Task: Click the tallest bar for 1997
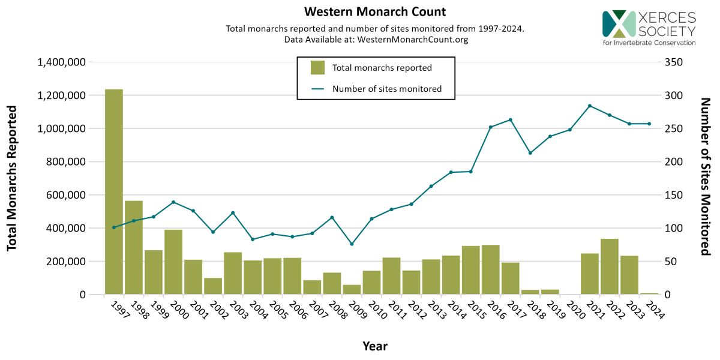tap(114, 192)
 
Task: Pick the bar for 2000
tap(173, 262)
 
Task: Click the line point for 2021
tap(590, 106)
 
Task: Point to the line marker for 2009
tap(352, 244)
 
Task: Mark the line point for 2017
tap(511, 119)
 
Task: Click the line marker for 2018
tap(530, 153)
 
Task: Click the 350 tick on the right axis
tap(674, 62)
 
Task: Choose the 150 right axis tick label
tap(674, 195)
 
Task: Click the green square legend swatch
tap(317, 68)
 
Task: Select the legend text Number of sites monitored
tap(387, 89)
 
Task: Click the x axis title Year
tap(375, 346)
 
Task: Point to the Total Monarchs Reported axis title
tap(12, 178)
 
